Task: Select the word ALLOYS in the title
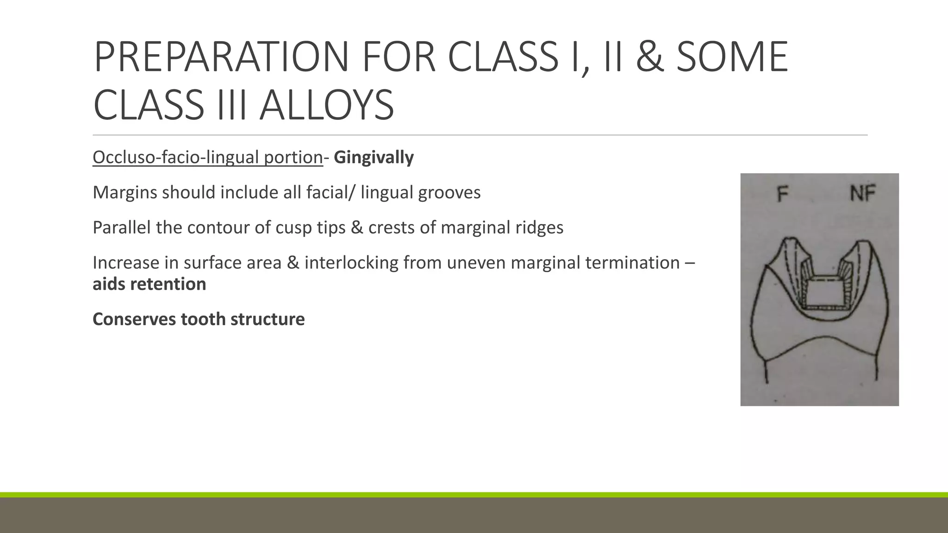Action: coord(326,105)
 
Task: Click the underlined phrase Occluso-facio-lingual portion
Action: coord(207,157)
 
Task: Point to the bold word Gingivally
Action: coord(374,157)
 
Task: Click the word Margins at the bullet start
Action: coord(125,192)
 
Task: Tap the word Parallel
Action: coord(121,228)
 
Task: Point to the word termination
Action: coord(634,263)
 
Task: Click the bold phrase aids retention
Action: coord(149,284)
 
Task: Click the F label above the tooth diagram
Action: coord(782,194)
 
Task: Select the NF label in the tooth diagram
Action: coord(862,193)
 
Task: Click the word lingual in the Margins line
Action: coord(387,192)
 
